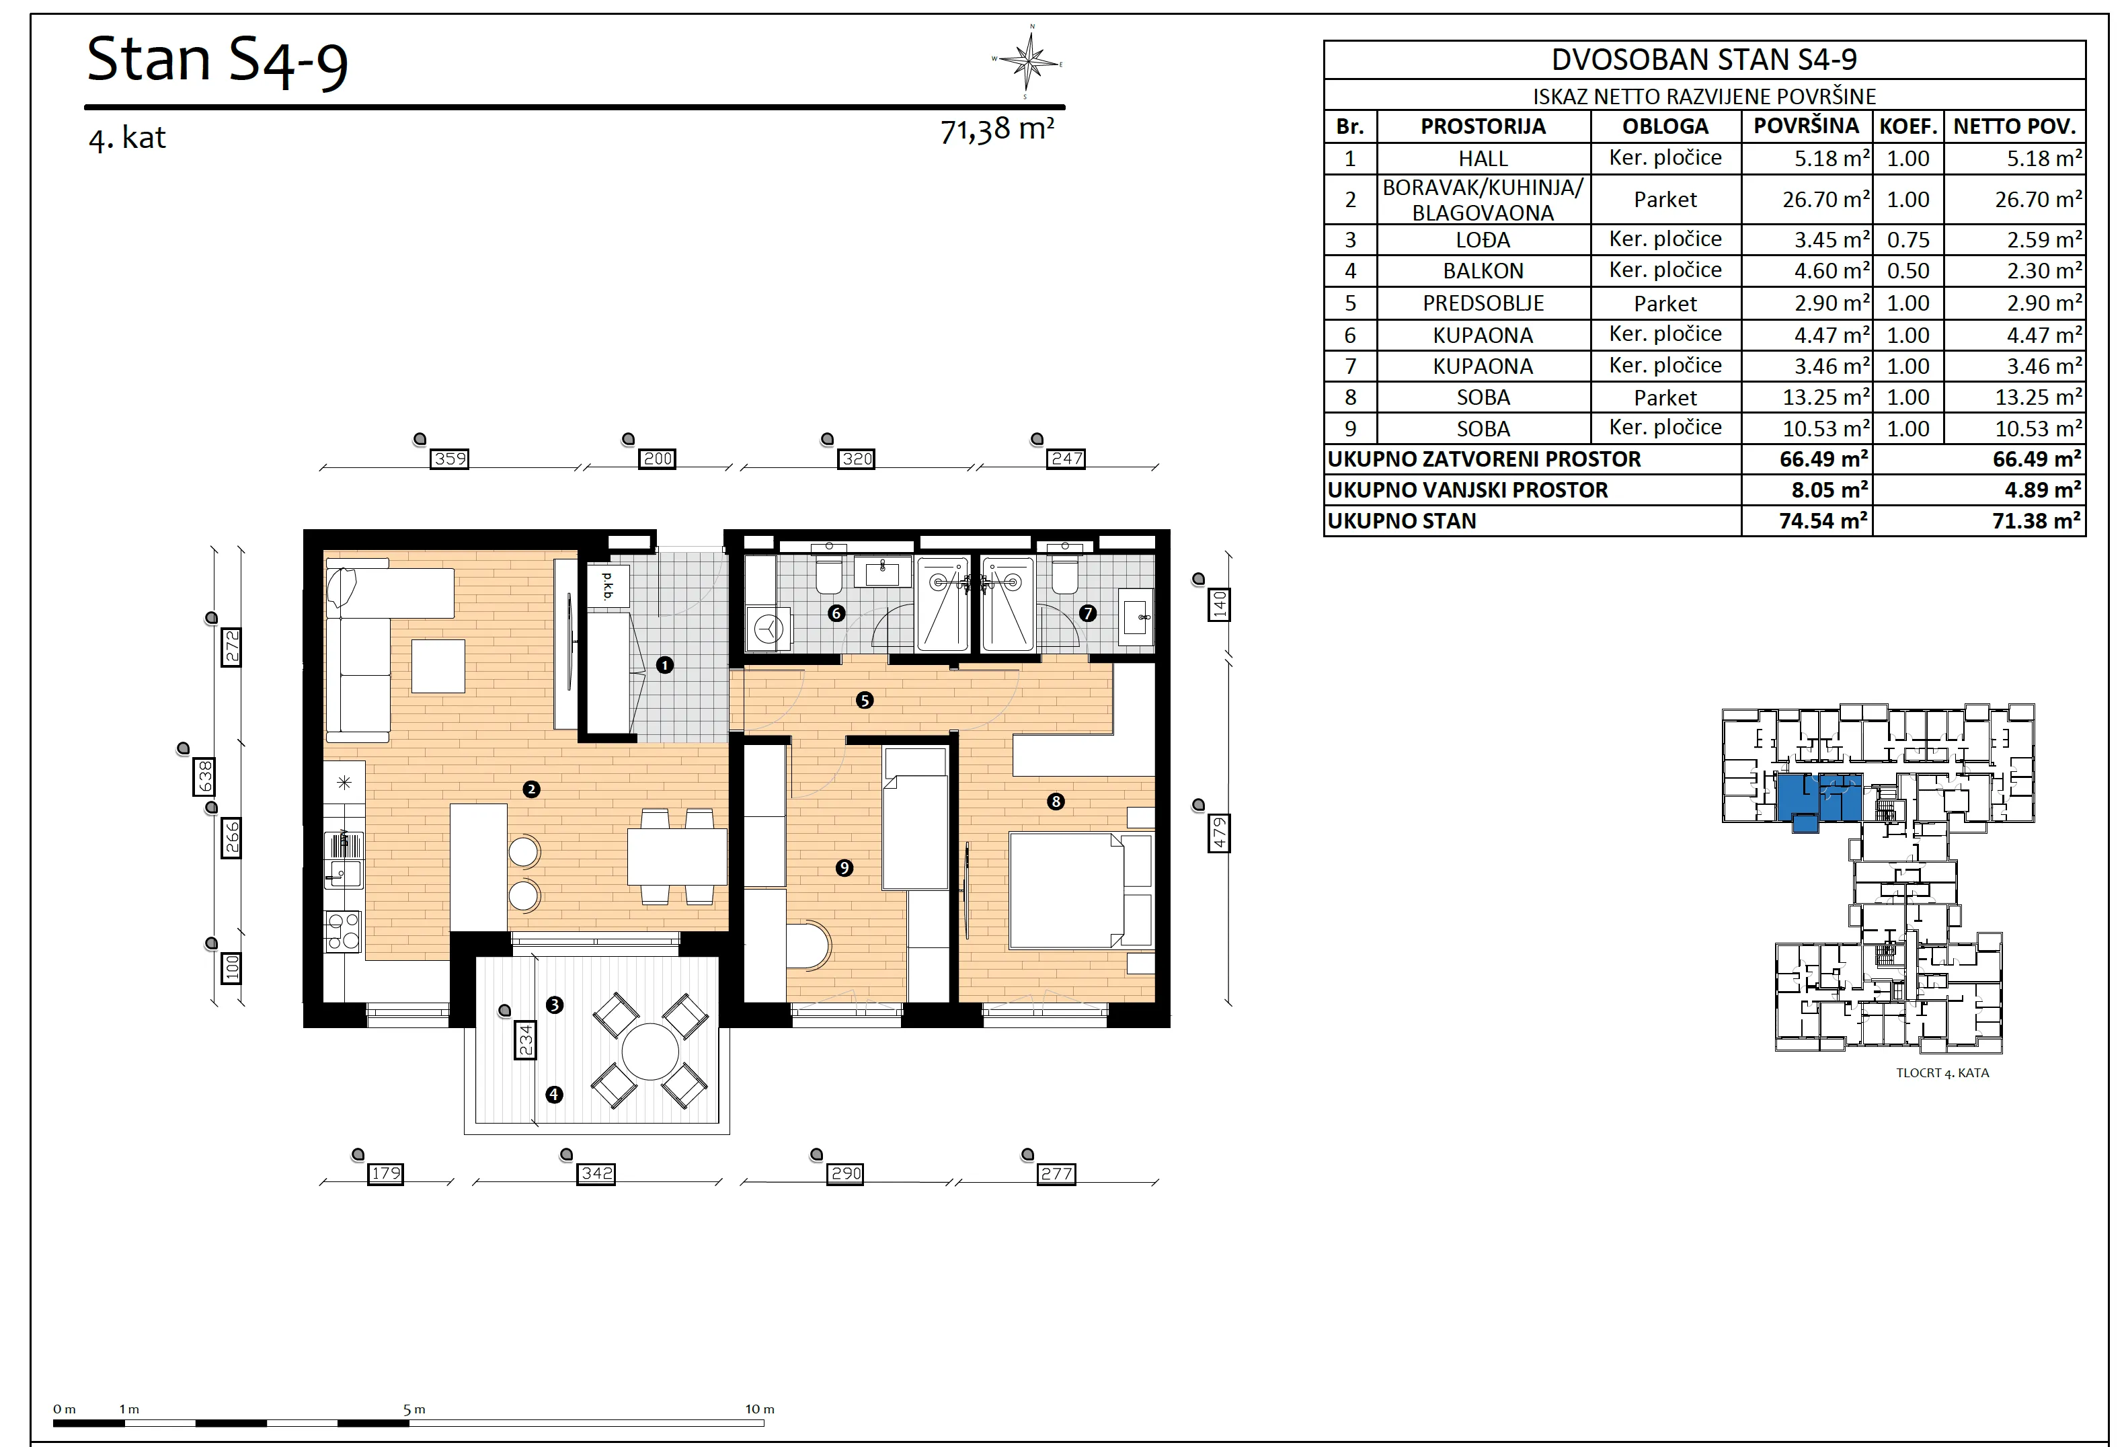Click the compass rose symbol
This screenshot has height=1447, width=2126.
pos(1030,63)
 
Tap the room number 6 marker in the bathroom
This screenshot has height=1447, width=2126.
pos(836,614)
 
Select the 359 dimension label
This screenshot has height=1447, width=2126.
pos(450,459)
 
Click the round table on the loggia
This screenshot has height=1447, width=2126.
pos(650,1052)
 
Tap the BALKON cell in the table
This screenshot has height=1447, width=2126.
pos(1483,271)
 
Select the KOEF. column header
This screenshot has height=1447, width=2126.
pos(1908,126)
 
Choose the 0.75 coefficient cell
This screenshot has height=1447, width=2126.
pos(1908,239)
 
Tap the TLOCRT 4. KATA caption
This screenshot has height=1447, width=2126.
pos(1942,1073)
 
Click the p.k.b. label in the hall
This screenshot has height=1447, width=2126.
pos(607,586)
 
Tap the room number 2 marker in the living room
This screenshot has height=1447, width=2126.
pos(530,789)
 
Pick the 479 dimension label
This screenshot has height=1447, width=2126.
pos(1218,833)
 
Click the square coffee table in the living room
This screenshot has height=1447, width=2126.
pos(438,666)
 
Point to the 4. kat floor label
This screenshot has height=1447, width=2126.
pos(127,138)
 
